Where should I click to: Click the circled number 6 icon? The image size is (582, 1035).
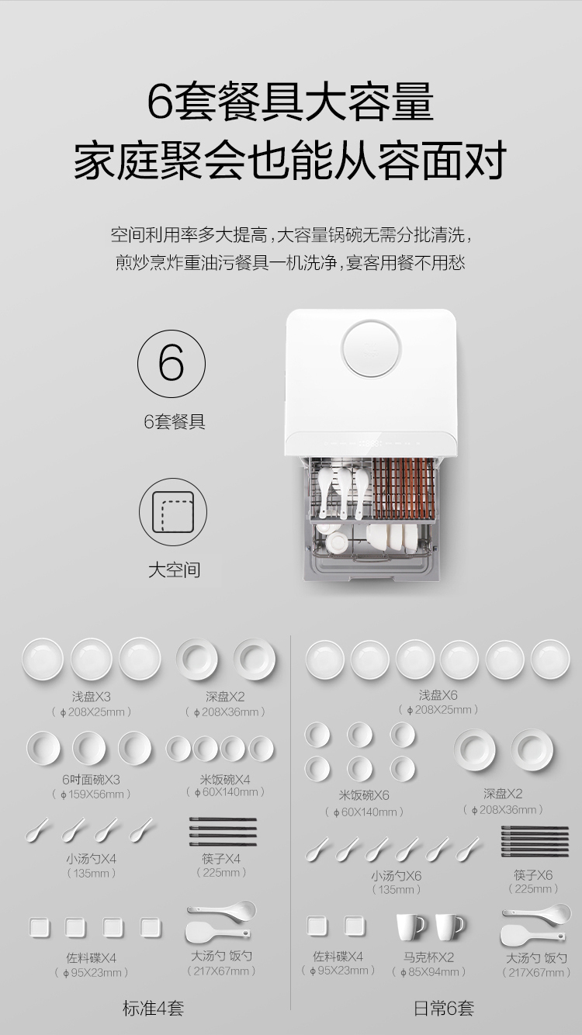coord(171,364)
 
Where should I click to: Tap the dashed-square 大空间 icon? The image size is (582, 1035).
coord(173,512)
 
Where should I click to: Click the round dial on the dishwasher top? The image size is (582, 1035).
coord(371,348)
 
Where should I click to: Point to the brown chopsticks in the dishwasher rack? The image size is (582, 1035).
coord(404,488)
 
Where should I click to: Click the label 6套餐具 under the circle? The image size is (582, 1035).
coord(175,421)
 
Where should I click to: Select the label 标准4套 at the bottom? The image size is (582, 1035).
coord(154,1008)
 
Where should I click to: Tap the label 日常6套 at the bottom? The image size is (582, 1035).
coord(444,1008)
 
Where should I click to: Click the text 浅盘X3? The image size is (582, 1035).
coord(91,696)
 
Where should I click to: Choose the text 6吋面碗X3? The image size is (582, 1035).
coord(91,780)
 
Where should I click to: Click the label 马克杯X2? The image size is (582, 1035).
coord(428,957)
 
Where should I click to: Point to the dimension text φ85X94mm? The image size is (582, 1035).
coord(428,971)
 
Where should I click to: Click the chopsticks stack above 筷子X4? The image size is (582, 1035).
coord(223,831)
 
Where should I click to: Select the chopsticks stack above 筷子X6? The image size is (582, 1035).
coord(535,841)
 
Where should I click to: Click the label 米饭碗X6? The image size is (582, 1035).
coord(364,795)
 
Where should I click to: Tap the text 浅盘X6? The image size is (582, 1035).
coord(438,694)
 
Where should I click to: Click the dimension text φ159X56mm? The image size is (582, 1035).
coord(91,794)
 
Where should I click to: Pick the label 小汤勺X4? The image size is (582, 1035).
coord(91,859)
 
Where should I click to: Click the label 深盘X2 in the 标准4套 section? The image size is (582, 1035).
coord(225,696)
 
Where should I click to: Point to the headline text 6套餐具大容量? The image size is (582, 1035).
coord(291,102)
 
